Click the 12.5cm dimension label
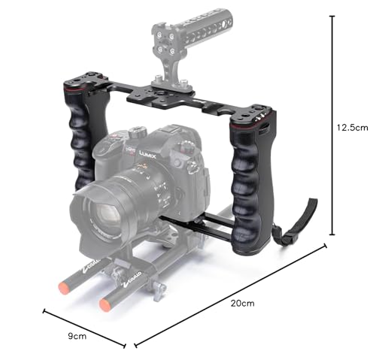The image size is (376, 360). coord(353,128)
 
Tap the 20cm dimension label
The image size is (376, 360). coord(242,304)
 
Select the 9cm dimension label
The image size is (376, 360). coord(77,336)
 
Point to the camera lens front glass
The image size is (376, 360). coord(105,216)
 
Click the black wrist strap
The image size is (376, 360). coord(296,223)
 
